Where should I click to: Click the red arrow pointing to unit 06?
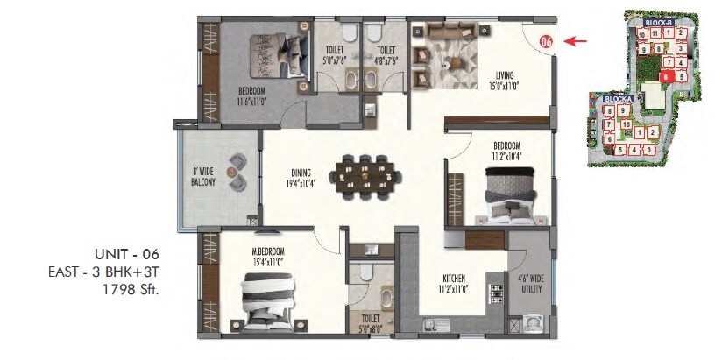tap(575, 40)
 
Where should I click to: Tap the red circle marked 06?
tap(546, 40)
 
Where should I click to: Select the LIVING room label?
tap(506, 81)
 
